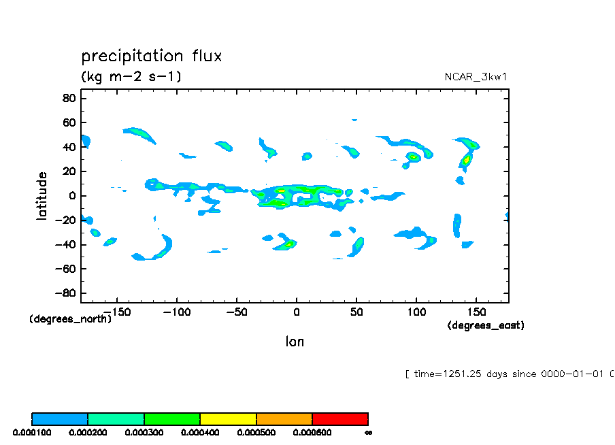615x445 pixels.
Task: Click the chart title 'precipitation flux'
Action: tap(152, 56)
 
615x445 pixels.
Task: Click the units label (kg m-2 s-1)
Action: tap(131, 76)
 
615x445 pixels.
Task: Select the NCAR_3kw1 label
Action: tap(476, 77)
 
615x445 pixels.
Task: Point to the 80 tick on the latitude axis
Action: tap(69, 98)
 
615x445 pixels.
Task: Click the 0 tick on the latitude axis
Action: tap(71, 196)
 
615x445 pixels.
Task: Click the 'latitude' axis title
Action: tap(42, 195)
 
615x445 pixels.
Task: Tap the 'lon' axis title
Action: tap(295, 342)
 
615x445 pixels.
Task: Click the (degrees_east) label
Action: tap(486, 326)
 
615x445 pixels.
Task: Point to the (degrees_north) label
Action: tap(70, 319)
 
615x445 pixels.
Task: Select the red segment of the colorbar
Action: tap(340, 418)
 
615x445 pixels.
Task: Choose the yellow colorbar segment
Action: tap(228, 418)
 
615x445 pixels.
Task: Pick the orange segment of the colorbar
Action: tap(284, 418)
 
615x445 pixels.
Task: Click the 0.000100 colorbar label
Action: tap(32, 432)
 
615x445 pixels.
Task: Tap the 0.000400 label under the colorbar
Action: tap(200, 432)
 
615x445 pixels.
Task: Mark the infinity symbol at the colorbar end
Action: tap(368, 432)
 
